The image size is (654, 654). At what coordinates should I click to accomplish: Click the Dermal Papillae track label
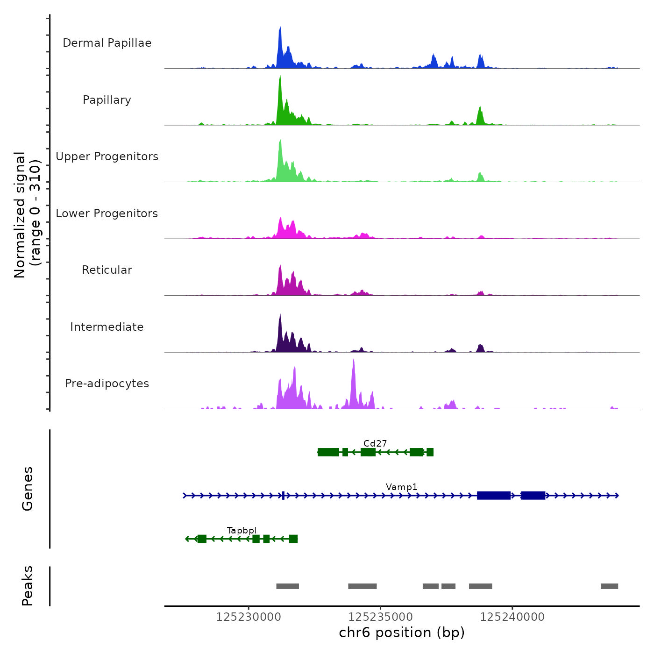tap(107, 43)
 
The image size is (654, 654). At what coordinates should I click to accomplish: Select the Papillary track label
tap(107, 100)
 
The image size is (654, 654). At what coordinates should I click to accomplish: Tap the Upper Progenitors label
tap(107, 156)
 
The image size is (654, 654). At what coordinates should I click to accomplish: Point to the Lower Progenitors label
tap(107, 213)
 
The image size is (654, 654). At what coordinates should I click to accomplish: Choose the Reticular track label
tap(107, 270)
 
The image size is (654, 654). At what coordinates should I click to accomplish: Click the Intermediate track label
tap(107, 327)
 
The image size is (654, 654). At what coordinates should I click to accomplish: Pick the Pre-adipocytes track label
tap(107, 384)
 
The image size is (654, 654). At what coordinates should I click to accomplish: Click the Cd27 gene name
tap(375, 443)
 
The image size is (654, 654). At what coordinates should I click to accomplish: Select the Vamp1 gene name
tap(402, 487)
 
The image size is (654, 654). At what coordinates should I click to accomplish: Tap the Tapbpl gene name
tap(242, 530)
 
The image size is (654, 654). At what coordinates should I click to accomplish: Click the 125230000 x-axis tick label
tap(249, 617)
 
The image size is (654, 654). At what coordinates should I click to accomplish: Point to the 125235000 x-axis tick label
tap(381, 617)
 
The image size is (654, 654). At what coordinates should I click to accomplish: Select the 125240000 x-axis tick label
tap(512, 617)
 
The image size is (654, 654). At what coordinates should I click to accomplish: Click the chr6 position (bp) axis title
tap(402, 633)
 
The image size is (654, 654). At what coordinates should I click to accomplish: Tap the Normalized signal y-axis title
tap(27, 215)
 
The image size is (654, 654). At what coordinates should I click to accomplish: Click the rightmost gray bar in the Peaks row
tap(609, 586)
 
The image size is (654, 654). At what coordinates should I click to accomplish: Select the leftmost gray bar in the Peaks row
tap(287, 586)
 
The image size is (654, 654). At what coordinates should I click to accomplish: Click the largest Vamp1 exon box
tap(494, 495)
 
